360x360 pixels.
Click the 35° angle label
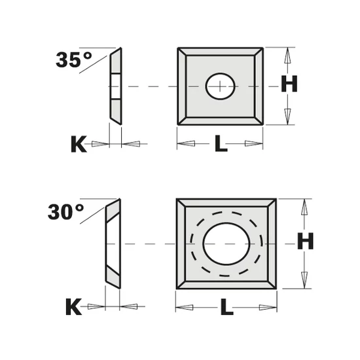pyautogui.click(x=74, y=60)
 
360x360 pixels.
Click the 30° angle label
pyautogui.click(x=66, y=212)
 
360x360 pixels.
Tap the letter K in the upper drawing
pyautogui.click(x=79, y=144)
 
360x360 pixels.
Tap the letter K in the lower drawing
pyautogui.click(x=73, y=306)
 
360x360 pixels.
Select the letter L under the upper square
pyautogui.click(x=221, y=143)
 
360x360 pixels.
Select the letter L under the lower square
pyautogui.click(x=227, y=307)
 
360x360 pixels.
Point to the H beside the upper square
pyautogui.click(x=289, y=84)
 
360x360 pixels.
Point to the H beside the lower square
pyautogui.click(x=306, y=241)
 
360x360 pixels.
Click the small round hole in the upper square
pyautogui.click(x=220, y=86)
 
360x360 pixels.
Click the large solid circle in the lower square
pyautogui.click(x=226, y=244)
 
